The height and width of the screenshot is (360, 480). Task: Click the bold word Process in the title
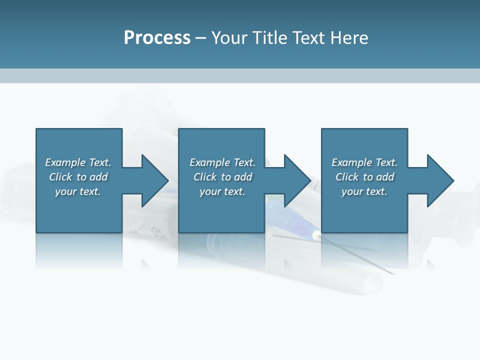click(x=157, y=38)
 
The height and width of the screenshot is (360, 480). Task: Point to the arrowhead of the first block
click(x=155, y=180)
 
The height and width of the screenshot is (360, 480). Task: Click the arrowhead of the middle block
click(x=298, y=180)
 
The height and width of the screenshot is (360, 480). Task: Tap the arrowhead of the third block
click(x=441, y=180)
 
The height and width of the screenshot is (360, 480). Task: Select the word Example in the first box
click(x=65, y=162)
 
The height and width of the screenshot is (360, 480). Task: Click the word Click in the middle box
click(x=204, y=177)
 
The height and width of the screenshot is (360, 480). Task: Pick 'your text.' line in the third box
click(x=364, y=191)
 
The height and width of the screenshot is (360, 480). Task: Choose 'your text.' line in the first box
click(x=78, y=191)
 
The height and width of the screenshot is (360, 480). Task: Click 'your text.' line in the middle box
click(x=222, y=191)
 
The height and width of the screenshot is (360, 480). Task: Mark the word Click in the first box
click(x=60, y=177)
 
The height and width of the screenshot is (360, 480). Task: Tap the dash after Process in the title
click(x=201, y=38)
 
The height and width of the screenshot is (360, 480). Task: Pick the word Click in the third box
click(x=346, y=177)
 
